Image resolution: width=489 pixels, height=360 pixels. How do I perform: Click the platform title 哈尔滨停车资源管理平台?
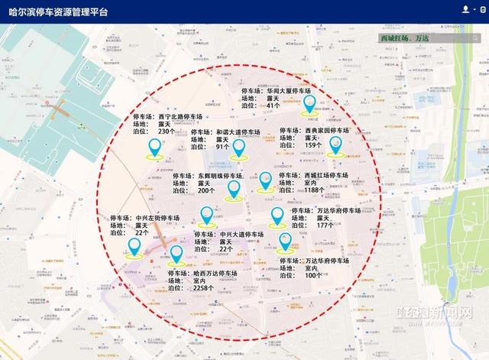[60, 13]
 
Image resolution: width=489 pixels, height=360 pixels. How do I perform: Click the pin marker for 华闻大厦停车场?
[309, 105]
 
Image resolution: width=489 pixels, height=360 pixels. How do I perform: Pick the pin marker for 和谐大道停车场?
[238, 148]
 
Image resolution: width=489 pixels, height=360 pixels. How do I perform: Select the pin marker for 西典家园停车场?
[335, 145]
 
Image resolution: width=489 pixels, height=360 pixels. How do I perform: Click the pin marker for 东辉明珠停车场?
[234, 188]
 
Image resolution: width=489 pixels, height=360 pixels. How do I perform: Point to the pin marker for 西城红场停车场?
[264, 181]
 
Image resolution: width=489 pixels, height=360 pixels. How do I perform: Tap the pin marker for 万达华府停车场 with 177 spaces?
[277, 216]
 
